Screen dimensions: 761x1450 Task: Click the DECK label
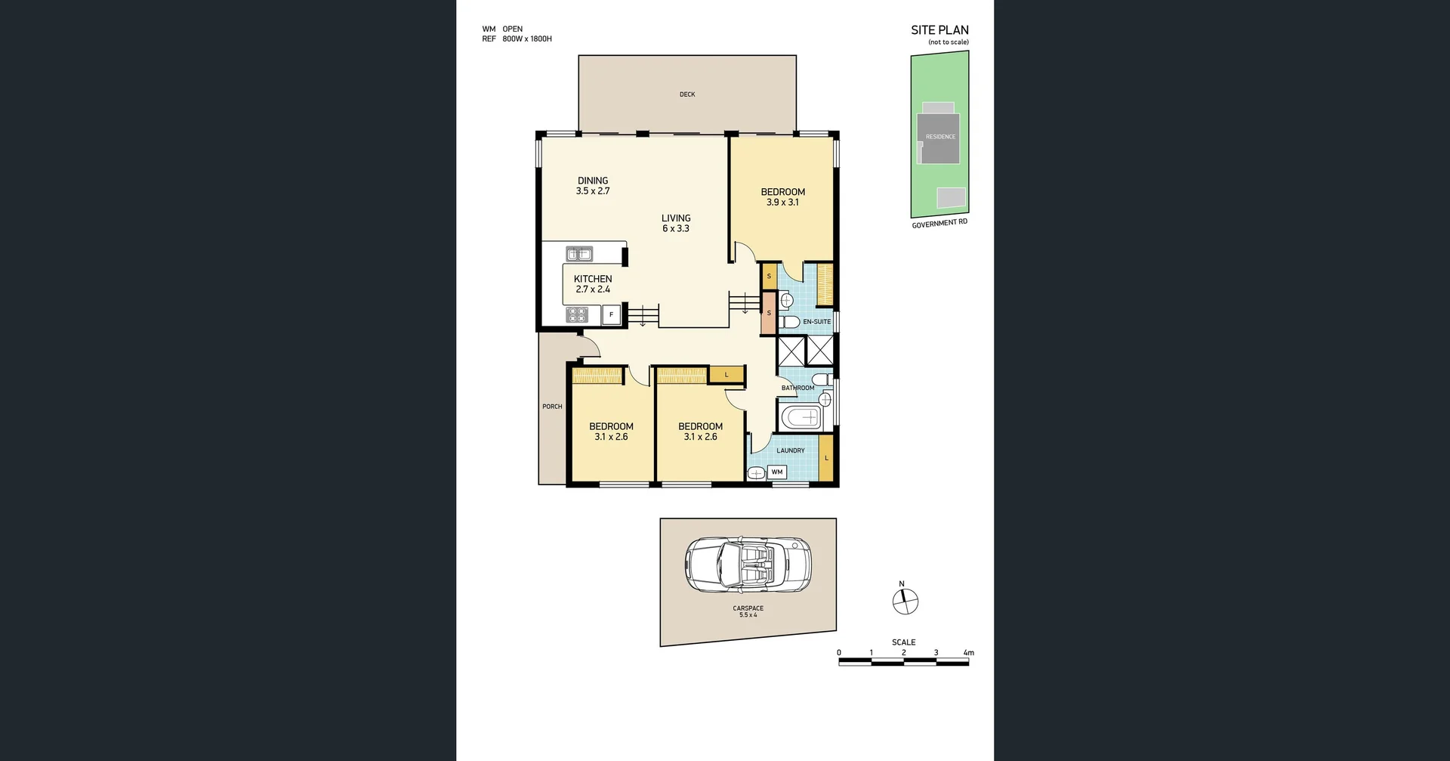(687, 94)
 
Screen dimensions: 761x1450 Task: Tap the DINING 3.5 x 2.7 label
(593, 186)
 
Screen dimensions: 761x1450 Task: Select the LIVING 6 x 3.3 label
(676, 223)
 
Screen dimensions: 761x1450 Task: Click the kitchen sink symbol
(579, 255)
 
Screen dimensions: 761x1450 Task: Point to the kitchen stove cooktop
(577, 314)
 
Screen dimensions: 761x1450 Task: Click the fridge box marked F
(611, 314)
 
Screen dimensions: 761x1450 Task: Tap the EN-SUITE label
(816, 322)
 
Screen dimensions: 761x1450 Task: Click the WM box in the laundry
(777, 472)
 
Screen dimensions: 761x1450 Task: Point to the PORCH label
(552, 407)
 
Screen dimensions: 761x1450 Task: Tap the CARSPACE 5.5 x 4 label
(748, 611)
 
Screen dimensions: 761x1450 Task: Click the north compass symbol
(905, 602)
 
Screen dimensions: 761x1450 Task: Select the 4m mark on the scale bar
(968, 653)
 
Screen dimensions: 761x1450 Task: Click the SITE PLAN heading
(939, 30)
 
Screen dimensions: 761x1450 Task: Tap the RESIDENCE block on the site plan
(939, 138)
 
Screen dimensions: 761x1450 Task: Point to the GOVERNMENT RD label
(939, 224)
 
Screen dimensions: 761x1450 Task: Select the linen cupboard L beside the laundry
(826, 458)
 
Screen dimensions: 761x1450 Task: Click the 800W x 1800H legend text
(527, 39)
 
